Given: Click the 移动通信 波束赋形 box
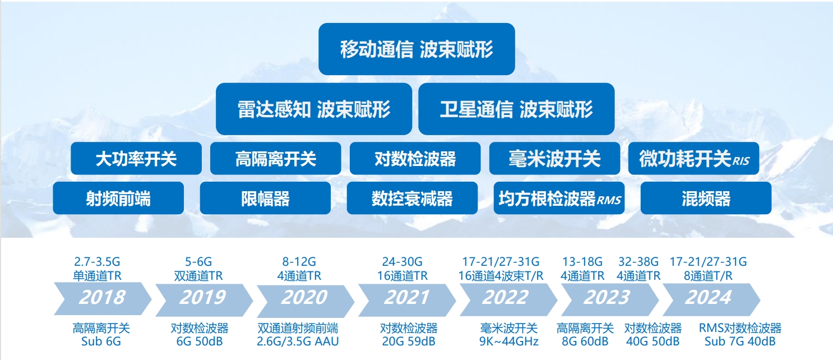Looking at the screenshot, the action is [x=416, y=49].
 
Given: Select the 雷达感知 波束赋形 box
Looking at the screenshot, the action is [x=314, y=109].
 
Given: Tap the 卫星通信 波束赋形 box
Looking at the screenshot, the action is [x=516, y=109].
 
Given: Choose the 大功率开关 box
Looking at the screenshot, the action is [x=136, y=159].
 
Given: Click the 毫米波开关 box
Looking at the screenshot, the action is [x=554, y=159].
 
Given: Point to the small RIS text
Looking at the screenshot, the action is [x=741, y=161].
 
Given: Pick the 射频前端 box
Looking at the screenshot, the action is [x=118, y=198].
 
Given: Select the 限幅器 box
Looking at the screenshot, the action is [x=265, y=198].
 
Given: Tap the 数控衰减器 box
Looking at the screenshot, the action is [x=412, y=198].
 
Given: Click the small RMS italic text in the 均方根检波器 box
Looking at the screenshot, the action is [x=609, y=200].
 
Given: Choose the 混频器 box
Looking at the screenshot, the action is [x=706, y=198].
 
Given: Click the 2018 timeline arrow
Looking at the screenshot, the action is [x=103, y=299].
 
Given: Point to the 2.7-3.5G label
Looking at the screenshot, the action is [x=97, y=262].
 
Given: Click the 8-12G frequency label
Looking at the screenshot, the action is [x=299, y=262].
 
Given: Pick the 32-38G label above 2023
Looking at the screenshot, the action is [x=638, y=262].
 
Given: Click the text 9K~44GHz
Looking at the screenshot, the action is [x=509, y=341].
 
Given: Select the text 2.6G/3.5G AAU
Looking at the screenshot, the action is [x=298, y=341].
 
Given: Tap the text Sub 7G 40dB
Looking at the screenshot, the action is [x=740, y=341].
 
